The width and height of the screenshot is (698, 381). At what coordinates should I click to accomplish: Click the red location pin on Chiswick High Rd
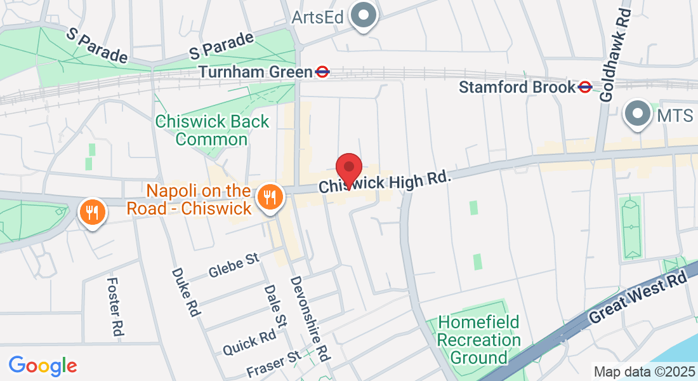(348, 169)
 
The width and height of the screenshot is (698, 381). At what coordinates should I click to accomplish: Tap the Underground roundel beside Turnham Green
(322, 72)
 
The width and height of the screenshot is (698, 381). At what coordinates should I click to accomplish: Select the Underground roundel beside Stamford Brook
(585, 87)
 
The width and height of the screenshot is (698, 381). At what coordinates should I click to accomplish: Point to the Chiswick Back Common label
(212, 130)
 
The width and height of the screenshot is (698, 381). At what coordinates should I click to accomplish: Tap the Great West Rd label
(638, 298)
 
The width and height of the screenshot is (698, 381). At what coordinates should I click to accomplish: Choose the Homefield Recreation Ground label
(478, 340)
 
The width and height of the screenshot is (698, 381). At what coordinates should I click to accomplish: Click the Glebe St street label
(234, 266)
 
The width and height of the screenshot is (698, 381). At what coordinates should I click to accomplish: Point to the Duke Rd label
(186, 291)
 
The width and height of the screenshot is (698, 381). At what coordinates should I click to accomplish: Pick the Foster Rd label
(115, 306)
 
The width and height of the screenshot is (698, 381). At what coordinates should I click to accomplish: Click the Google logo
(43, 366)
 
